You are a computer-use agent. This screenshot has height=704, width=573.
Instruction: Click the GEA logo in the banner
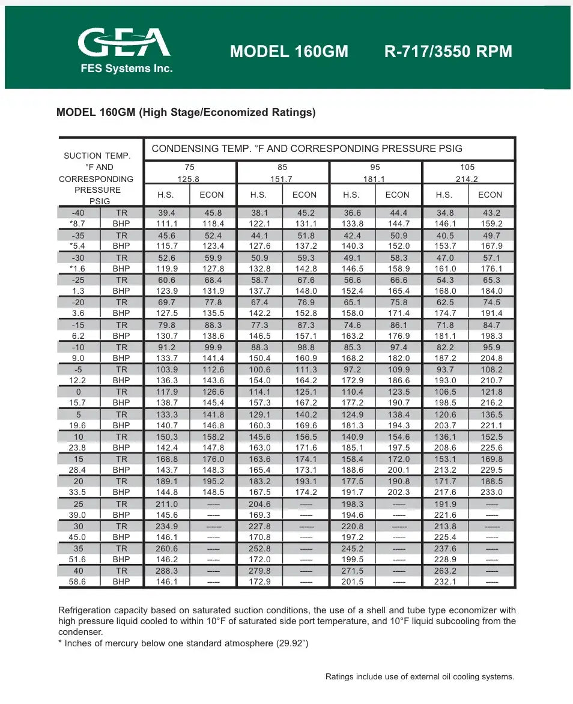coord(124,43)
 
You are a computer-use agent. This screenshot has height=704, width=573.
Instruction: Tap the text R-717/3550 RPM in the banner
coord(448,51)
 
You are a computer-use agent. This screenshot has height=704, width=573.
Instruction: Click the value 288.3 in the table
coord(167,571)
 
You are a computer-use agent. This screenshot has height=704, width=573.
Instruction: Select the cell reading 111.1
coord(167,223)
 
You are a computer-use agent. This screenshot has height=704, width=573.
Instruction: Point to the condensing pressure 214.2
coord(467,179)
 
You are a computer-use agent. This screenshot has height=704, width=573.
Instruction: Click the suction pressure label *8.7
coord(78,223)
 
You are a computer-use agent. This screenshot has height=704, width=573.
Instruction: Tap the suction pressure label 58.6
coord(78,582)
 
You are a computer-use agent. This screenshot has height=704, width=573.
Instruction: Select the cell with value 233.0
coord(491,493)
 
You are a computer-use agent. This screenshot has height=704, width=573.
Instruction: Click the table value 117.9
coord(167,392)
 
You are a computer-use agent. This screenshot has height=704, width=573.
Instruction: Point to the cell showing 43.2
coord(491,213)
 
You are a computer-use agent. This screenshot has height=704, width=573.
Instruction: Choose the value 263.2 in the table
coord(445,571)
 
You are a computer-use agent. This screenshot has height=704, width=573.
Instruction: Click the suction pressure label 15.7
coord(78,402)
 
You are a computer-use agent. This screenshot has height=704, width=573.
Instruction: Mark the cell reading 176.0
coord(212,459)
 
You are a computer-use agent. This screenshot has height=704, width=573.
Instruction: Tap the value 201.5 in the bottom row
coord(352,582)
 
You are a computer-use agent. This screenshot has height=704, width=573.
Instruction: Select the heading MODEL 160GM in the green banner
coord(289,51)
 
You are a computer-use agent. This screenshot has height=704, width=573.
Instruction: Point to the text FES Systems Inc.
coord(127,68)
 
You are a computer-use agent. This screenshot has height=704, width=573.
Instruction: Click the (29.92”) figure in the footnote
coord(293,644)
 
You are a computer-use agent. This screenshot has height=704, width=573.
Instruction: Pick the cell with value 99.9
coord(212,347)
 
